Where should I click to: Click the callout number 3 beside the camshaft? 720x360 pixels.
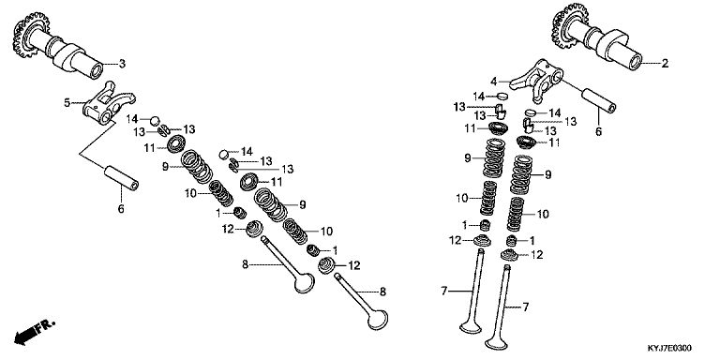[122, 64]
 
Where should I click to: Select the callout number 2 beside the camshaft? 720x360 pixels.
[665, 64]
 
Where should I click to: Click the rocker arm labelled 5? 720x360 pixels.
[109, 104]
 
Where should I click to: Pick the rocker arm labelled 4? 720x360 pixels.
[537, 80]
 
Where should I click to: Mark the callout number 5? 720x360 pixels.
[67, 103]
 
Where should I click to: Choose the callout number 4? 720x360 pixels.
[494, 82]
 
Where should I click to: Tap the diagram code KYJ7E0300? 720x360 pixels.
[669, 348]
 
